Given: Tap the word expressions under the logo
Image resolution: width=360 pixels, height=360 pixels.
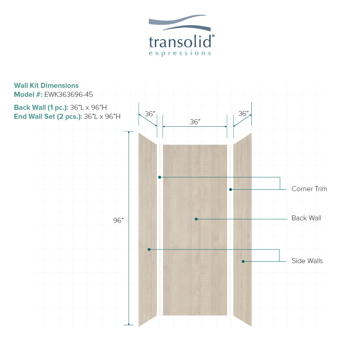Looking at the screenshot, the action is click(180, 53).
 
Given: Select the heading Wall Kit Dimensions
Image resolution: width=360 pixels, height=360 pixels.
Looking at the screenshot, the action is click(46, 86).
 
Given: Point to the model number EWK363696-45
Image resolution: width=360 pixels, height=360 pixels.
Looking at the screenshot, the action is click(68, 95).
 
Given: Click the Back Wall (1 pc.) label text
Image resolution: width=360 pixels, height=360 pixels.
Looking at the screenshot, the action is click(41, 108).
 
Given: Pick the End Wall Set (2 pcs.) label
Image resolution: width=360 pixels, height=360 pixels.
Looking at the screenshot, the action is click(48, 117).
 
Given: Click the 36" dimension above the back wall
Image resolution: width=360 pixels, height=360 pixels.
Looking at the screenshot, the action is click(195, 122).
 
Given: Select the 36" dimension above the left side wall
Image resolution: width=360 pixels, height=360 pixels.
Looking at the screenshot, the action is click(150, 114).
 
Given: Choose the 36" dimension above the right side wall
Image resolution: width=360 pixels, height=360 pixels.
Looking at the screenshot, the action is click(243, 113).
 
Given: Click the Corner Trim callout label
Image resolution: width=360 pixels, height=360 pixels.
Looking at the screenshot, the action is click(309, 189).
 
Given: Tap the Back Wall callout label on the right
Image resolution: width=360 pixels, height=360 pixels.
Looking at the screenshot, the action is click(306, 218).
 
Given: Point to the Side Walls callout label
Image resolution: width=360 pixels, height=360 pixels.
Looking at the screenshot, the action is click(307, 261).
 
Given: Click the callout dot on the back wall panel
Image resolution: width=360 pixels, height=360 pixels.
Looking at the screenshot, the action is click(196, 219).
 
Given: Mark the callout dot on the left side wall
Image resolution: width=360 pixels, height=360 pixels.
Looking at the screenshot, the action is click(149, 249).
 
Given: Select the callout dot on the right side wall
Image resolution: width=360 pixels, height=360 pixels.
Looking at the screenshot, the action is click(243, 261).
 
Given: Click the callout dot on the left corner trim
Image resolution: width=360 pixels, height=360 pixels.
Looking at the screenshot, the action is click(159, 177).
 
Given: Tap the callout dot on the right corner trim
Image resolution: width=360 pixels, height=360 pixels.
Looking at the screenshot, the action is click(231, 189).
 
